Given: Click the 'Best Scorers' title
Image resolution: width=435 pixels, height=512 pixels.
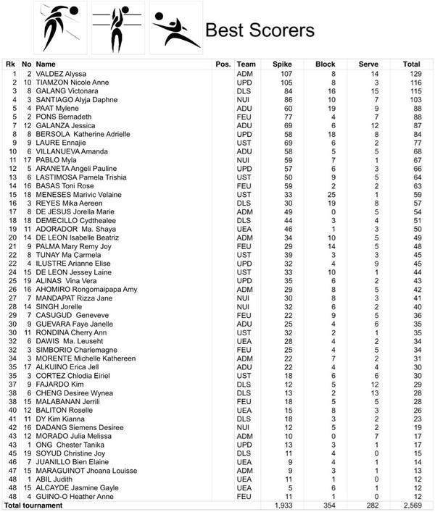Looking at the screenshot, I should (x=260, y=30).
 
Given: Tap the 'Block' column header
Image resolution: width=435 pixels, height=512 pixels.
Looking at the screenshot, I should (x=325, y=64).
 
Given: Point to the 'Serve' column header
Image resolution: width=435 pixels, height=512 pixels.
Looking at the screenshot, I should (x=368, y=64).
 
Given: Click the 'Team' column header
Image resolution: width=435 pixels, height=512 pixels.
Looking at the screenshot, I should (x=246, y=64).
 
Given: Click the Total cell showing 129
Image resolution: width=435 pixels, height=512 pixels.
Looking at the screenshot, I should (x=412, y=74).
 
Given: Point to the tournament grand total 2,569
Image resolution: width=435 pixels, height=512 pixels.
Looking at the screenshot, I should (x=411, y=505).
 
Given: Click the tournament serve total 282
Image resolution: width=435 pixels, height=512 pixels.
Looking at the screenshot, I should (x=368, y=505).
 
